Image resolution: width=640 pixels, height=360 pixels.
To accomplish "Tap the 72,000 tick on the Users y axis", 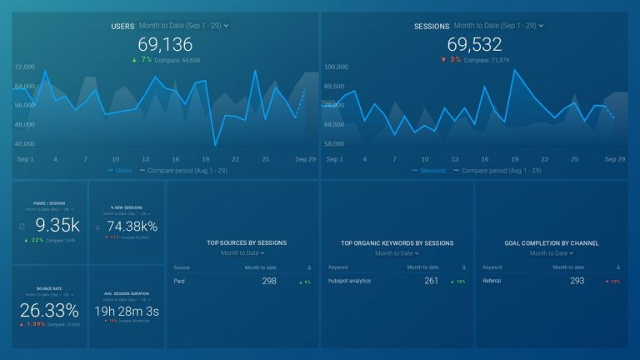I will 25,67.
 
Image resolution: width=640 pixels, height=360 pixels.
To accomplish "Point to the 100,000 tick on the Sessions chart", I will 335,67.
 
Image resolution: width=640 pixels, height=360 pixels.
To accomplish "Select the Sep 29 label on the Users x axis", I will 304,158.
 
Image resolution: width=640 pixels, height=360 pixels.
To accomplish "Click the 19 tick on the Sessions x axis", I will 515,158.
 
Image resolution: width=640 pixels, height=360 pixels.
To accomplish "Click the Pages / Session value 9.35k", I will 57,225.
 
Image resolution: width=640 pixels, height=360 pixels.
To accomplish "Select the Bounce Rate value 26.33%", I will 51,311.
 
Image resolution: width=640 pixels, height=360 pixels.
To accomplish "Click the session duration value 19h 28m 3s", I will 127,311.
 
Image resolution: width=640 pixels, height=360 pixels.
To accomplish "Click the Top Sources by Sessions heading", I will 247,243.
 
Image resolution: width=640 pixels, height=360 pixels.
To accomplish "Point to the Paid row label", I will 179,281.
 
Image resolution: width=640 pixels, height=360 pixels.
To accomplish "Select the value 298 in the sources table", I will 268,281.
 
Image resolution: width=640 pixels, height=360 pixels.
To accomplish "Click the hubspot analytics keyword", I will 349,281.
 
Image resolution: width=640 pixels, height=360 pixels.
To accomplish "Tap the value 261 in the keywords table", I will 431,281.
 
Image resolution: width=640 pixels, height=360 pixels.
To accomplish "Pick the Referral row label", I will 492,281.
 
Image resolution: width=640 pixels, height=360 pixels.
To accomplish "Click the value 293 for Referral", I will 577,281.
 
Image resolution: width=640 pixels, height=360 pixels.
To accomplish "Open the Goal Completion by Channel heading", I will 552,243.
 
